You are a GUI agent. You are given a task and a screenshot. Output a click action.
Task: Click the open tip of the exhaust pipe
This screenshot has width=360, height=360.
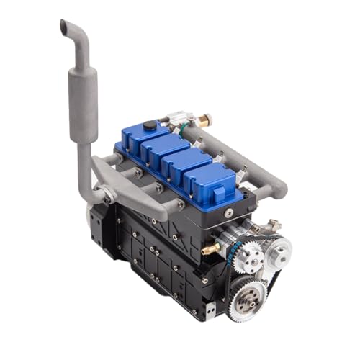coord(64,24)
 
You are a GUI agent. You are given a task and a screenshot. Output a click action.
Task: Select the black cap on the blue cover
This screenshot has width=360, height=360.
coord(149,126)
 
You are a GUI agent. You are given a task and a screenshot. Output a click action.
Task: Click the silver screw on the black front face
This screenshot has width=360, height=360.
coord(228,212)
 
